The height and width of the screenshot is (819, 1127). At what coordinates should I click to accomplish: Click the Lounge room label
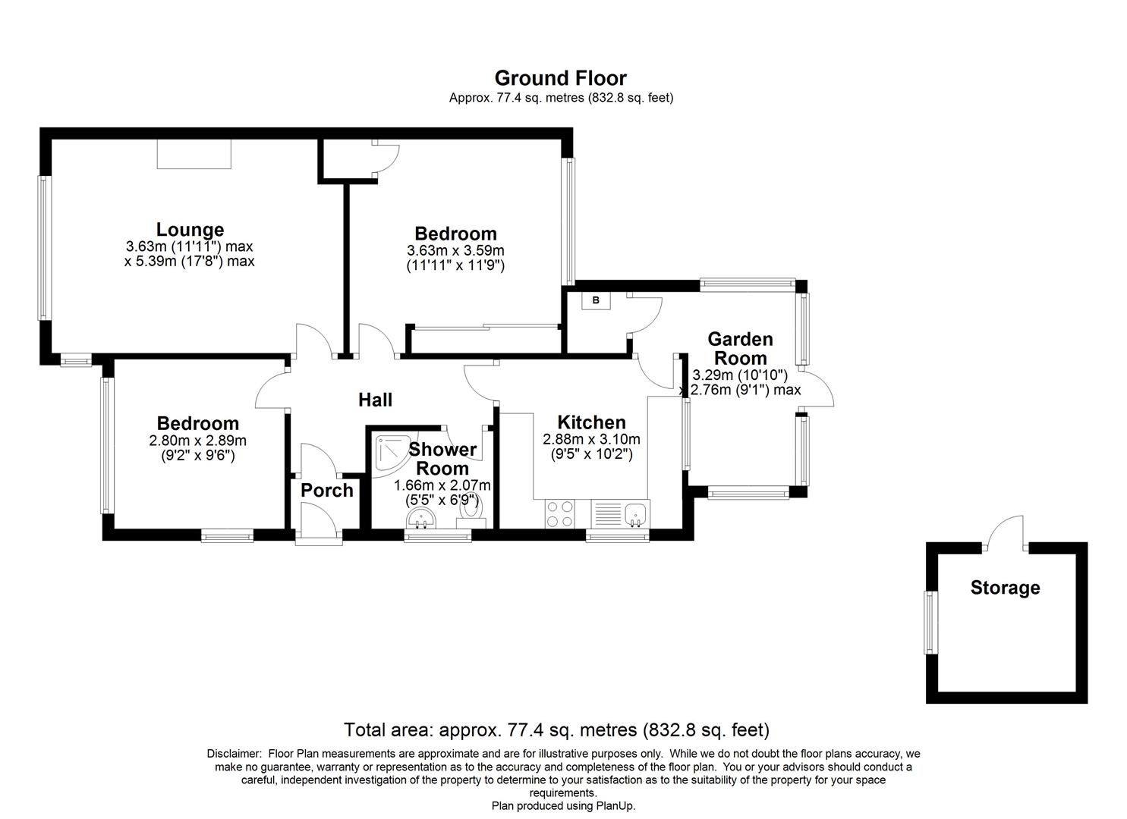point(190,229)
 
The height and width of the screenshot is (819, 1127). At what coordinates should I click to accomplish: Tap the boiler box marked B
point(596,300)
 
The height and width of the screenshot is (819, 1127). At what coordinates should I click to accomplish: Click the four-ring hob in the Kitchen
point(560,513)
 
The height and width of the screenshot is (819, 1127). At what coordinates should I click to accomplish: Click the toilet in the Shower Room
point(471,515)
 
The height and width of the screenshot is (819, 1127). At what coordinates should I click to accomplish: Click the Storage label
point(1005,588)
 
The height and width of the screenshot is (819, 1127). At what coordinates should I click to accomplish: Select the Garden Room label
point(740,348)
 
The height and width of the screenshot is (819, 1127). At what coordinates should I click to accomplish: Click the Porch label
point(327,490)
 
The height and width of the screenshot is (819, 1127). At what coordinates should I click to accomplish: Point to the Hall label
point(375,399)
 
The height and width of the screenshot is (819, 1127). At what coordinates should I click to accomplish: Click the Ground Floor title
point(560,78)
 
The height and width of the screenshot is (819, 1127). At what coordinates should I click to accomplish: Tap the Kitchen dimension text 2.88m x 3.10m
point(591,439)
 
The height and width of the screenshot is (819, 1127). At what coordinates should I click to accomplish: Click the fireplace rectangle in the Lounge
point(194,154)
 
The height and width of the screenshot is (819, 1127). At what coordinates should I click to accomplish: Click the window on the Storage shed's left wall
point(929,622)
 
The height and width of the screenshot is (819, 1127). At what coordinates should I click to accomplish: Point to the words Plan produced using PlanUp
point(563,806)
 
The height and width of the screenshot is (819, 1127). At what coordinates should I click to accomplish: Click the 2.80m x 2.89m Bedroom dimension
point(197,441)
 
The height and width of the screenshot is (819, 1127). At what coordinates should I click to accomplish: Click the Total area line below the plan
point(556,730)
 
